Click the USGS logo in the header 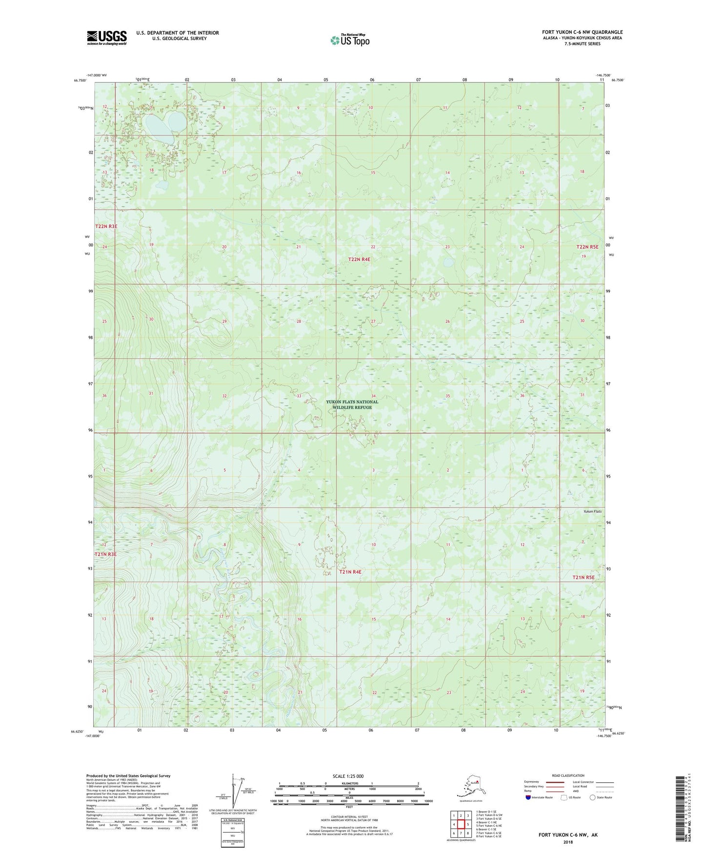(106, 38)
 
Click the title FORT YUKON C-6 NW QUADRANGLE (582, 32)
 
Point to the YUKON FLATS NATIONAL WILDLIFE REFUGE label (352, 405)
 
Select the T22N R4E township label (359, 260)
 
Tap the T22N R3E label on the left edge (106, 226)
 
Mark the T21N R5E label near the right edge (584, 577)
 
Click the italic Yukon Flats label (592, 511)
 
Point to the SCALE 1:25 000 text (348, 776)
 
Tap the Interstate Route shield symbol (528, 797)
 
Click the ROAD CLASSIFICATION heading (567, 775)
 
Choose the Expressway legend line (550, 782)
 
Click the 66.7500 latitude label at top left (80, 81)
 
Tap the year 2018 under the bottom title (567, 842)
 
